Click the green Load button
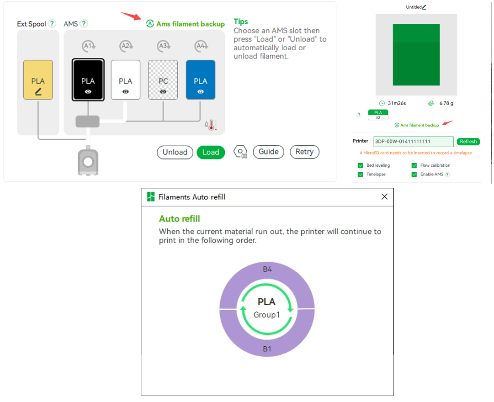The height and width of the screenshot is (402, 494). pos(211,152)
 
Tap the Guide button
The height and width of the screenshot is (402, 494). pos(268,152)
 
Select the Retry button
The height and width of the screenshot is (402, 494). pos(304,152)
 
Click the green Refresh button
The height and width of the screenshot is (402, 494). pos(468,142)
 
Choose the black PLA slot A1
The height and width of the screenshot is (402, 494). pos(88,79)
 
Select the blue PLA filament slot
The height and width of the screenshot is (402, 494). pos(200,79)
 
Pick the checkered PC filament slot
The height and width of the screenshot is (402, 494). pos(163,79)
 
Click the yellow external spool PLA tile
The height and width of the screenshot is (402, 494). pos(38,79)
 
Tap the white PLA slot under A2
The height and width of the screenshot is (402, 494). pos(125,79)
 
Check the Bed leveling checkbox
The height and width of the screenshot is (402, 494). pos(361,165)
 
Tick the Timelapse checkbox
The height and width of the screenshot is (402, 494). pos(361,174)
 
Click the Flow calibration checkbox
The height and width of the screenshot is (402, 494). pos(414,165)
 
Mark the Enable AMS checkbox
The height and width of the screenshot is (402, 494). pos(414,174)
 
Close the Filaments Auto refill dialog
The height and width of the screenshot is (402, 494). pos(384,196)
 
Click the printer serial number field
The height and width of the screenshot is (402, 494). pos(414,142)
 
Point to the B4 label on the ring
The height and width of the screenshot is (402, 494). pos(267,269)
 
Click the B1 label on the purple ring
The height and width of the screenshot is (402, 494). pos(267,349)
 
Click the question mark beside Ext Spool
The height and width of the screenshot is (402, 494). pos(52,24)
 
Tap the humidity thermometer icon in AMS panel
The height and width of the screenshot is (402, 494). pos(211,125)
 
